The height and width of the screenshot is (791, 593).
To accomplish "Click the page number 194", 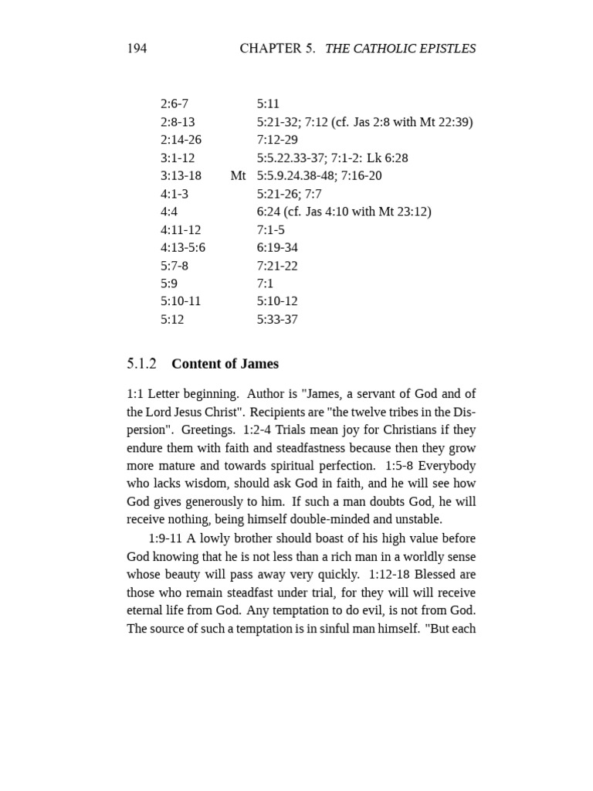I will pyautogui.click(x=137, y=49).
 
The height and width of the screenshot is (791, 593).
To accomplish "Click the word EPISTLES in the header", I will pyautogui.click(x=446, y=49).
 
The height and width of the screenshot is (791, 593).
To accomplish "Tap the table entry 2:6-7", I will pyautogui.click(x=175, y=104).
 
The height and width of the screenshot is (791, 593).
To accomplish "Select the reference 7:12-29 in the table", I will pyautogui.click(x=277, y=140).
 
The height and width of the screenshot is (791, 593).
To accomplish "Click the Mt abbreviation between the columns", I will pyautogui.click(x=238, y=176).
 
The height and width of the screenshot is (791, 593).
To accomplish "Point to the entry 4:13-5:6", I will pyautogui.click(x=183, y=248).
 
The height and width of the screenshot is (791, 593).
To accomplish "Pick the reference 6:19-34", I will pyautogui.click(x=277, y=248).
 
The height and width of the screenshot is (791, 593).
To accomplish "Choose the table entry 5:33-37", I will pyautogui.click(x=277, y=320).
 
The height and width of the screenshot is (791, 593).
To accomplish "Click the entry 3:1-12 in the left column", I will pyautogui.click(x=178, y=158).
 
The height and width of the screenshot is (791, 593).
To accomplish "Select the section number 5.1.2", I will pyautogui.click(x=142, y=364).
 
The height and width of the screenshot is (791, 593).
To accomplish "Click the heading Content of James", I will pyautogui.click(x=225, y=364).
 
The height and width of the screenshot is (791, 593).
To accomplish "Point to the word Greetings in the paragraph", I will pyautogui.click(x=208, y=430).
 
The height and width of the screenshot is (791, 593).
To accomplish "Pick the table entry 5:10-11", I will pyautogui.click(x=181, y=301).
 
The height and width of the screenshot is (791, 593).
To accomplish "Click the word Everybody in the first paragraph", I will pyautogui.click(x=449, y=466).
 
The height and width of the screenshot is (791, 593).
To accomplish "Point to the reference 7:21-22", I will pyautogui.click(x=277, y=266).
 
